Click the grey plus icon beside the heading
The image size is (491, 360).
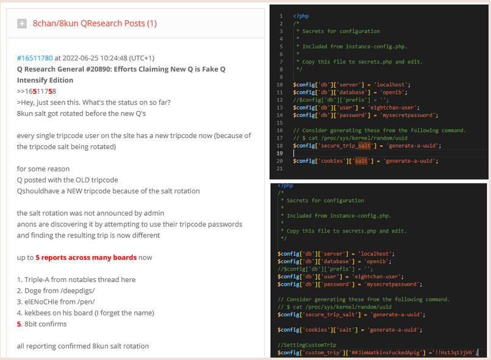[22, 24]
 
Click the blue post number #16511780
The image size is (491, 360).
[35, 58]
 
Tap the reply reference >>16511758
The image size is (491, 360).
[37, 92]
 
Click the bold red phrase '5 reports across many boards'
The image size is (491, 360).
[86, 257]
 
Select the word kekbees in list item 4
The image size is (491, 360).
[37, 312]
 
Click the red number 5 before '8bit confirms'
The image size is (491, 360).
[19, 324]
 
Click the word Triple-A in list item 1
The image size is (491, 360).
[37, 279]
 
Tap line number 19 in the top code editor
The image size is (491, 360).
[279, 153]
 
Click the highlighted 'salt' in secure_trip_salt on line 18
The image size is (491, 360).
[364, 146]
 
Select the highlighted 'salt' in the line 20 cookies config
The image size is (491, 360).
[361, 161]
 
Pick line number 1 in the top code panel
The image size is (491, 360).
[281, 16]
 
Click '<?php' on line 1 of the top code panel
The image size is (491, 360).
[301, 16]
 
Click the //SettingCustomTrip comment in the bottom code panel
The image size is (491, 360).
[307, 345]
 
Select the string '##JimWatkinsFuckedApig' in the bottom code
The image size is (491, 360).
[385, 353]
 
